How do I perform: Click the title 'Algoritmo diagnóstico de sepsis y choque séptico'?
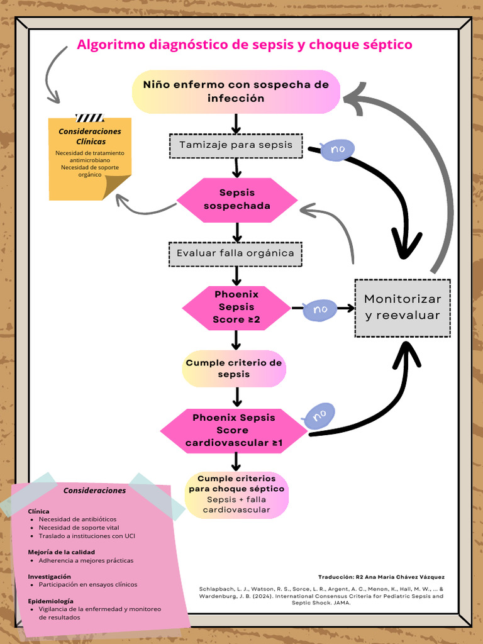tap(244, 45)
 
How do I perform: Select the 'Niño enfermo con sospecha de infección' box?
tap(236, 92)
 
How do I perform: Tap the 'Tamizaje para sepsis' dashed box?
tap(236, 145)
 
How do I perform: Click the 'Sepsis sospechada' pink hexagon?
tap(237, 199)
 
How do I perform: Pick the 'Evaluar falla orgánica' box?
tap(235, 253)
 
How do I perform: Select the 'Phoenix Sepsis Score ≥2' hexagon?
tap(236, 308)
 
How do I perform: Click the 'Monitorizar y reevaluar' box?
tap(402, 308)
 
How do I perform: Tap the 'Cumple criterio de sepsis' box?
tap(235, 369)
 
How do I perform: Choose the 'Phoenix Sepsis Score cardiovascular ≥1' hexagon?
tap(233, 431)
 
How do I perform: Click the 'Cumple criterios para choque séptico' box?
tap(236, 495)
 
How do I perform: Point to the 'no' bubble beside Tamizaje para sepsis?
tap(338, 150)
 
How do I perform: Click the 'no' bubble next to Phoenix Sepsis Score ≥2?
tap(320, 309)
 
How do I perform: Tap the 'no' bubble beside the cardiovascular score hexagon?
tap(319, 416)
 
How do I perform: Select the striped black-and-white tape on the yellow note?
tap(89, 118)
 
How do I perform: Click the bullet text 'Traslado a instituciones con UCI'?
tap(87, 536)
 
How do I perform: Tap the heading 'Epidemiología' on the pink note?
tap(50, 601)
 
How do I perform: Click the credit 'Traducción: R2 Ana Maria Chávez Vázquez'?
tap(381, 577)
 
